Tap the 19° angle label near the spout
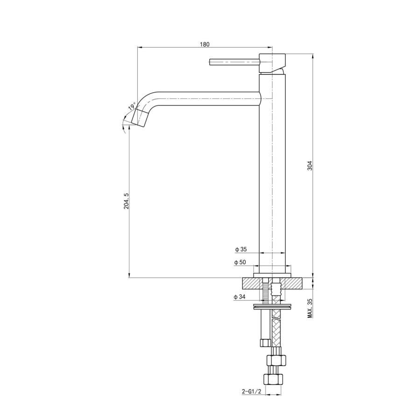tap(132, 106)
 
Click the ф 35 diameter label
tap(240, 249)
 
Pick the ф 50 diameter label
tap(240, 263)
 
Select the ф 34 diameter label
tap(240, 297)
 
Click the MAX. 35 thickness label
tap(309, 308)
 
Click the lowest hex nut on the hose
tap(273, 379)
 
